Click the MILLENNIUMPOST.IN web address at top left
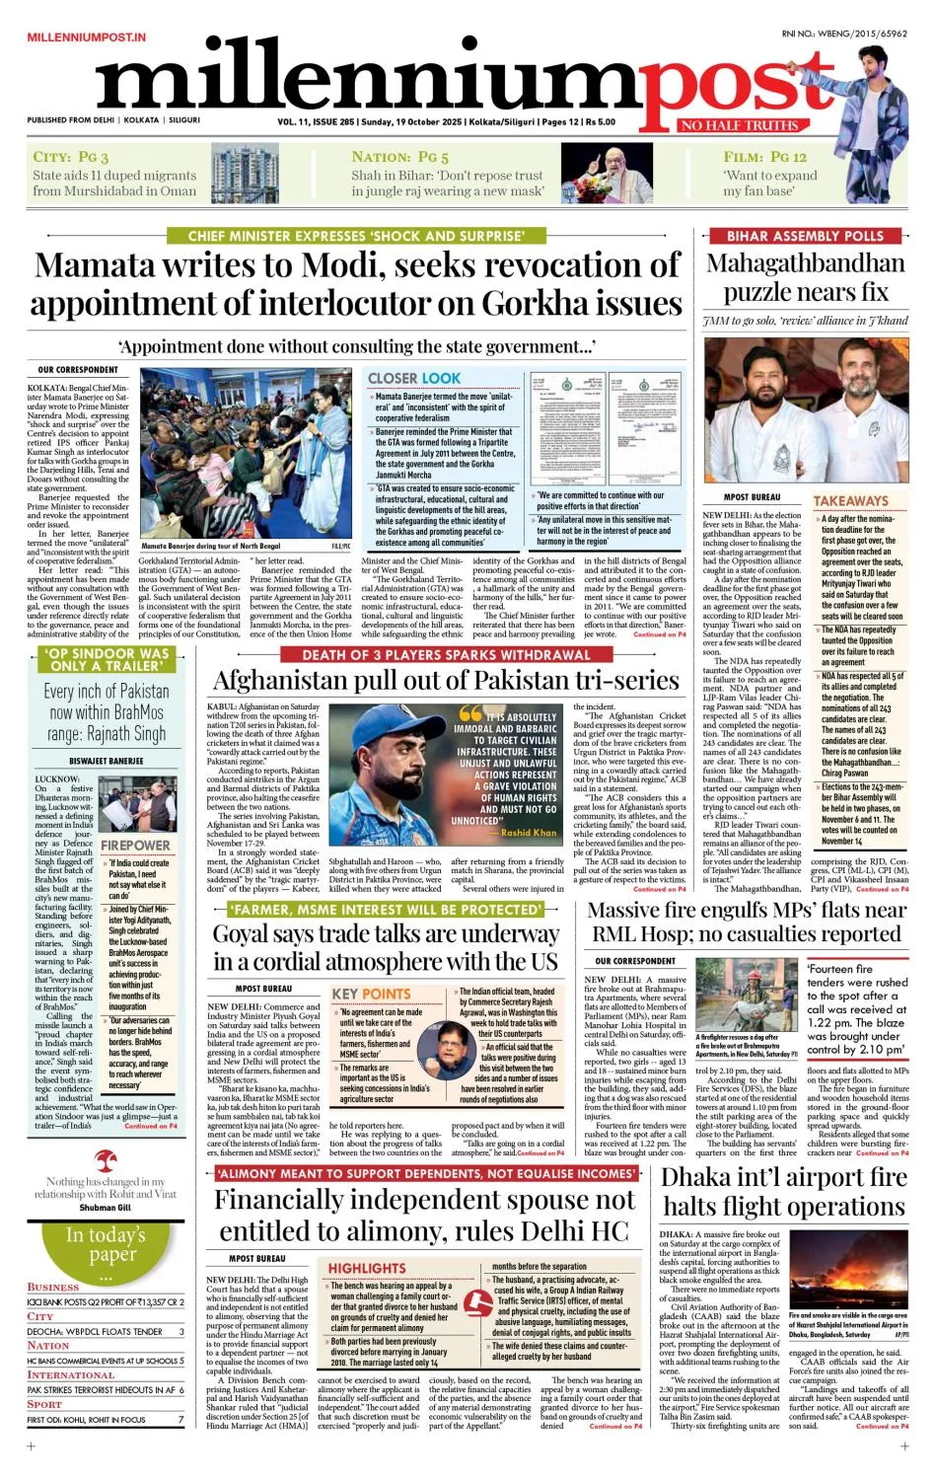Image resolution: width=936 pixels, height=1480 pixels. coord(86,37)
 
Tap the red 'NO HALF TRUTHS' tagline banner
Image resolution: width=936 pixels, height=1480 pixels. coord(738,125)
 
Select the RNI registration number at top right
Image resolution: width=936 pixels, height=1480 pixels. coord(843,34)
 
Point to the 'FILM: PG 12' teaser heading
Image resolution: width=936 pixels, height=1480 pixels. coord(764,156)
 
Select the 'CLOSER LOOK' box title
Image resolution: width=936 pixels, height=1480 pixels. coord(414,378)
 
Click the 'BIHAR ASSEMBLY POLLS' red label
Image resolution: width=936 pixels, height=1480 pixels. coord(805,236)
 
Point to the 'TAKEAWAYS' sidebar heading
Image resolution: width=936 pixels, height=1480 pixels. coord(850,501)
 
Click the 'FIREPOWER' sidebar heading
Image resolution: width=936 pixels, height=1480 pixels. coord(135,846)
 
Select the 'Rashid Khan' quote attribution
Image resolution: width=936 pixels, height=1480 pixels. coord(529,833)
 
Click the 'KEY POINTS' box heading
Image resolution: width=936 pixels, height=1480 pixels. coord(371,994)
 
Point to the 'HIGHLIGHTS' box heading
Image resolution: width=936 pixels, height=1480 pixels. coord(367,1268)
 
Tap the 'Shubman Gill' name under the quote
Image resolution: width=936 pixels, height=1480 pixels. coord(105,1207)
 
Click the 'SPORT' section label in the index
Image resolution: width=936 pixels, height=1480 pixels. coord(44,1403)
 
